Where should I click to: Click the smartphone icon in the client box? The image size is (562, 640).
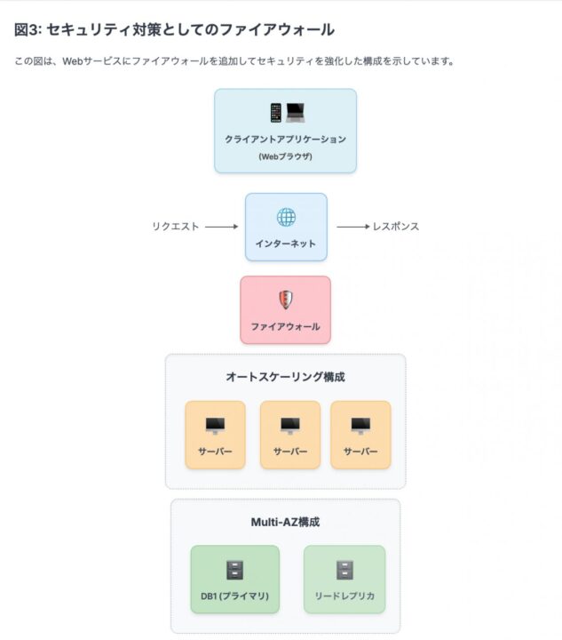click(276, 113)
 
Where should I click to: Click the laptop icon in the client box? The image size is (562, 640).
click(296, 113)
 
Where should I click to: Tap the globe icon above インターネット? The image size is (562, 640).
click(286, 217)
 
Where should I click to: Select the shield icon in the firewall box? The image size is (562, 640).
click(286, 300)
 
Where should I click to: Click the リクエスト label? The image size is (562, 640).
click(176, 227)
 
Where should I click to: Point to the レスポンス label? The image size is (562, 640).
click(396, 227)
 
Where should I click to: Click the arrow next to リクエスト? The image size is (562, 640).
click(221, 227)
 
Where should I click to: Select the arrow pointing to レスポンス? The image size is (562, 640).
click(353, 227)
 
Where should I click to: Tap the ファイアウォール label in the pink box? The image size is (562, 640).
click(285, 326)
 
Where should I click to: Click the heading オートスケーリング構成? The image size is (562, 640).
click(285, 377)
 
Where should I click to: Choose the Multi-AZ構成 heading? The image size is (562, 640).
click(285, 522)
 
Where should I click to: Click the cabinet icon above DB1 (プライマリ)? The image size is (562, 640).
click(235, 570)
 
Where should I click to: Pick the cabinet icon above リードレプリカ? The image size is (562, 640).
click(344, 570)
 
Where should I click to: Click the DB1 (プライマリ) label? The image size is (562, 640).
click(234, 596)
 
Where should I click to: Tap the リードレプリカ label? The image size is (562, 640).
click(344, 596)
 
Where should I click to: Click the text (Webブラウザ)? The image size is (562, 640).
click(285, 156)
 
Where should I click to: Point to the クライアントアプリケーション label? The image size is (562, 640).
click(285, 140)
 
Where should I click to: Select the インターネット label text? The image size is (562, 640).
click(286, 244)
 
